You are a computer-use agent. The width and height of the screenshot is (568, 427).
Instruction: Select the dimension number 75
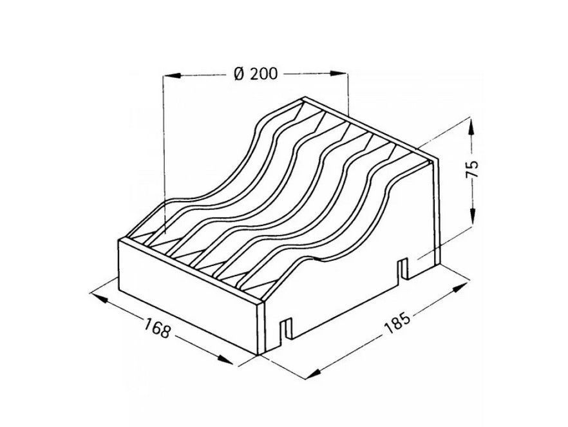473,169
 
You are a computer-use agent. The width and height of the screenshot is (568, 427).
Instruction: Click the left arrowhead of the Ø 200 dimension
173,75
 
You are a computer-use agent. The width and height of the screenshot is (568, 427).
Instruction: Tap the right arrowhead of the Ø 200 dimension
338,73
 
